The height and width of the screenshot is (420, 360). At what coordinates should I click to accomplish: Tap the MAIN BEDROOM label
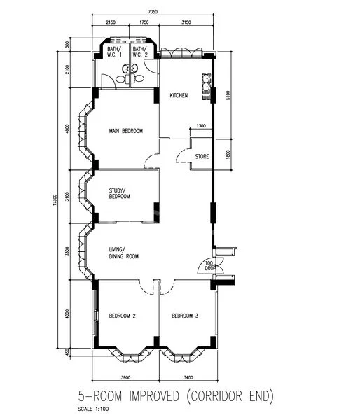pyautogui.click(x=126, y=131)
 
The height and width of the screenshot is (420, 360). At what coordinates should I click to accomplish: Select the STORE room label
pyautogui.click(x=202, y=156)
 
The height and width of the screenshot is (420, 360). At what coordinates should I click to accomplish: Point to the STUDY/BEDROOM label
pyautogui.click(x=120, y=193)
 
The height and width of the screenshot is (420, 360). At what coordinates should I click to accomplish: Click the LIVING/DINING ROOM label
pyautogui.click(x=123, y=253)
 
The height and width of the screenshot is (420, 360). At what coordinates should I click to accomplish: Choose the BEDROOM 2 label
pyautogui.click(x=122, y=316)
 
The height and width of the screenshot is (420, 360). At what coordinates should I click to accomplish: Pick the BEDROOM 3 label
pyautogui.click(x=186, y=316)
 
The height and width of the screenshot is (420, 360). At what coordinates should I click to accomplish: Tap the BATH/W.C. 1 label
pyautogui.click(x=114, y=52)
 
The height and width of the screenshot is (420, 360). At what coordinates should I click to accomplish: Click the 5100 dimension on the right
pyautogui.click(x=228, y=96)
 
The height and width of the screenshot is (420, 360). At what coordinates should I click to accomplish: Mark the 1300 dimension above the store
pyautogui.click(x=201, y=125)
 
